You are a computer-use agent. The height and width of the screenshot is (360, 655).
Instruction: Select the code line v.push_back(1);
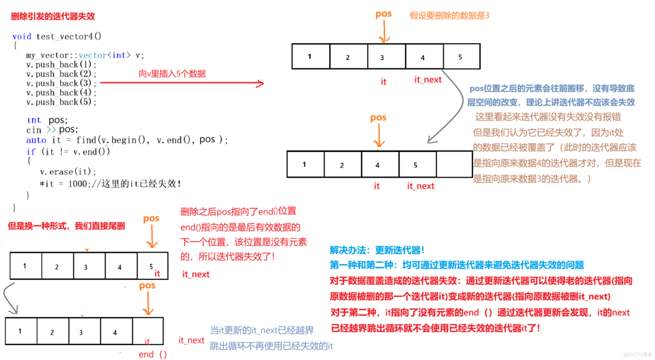coord(61,65)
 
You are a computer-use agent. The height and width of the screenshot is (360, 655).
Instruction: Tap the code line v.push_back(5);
coord(61,102)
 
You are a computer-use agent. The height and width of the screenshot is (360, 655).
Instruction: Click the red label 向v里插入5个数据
coord(172,74)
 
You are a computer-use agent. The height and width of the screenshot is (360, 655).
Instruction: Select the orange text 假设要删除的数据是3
coord(449,16)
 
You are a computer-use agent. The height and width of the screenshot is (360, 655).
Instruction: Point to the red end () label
coord(153,354)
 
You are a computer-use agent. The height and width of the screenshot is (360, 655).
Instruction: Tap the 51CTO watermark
coord(637,354)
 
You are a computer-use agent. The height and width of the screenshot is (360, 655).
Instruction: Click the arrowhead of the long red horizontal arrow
coord(259,84)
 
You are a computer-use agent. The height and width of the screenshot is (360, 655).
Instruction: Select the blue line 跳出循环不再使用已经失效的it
coord(271,346)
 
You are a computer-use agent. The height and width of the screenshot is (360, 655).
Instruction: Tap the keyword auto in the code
coord(36,140)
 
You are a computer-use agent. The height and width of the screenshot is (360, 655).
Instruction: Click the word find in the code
coord(86,140)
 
